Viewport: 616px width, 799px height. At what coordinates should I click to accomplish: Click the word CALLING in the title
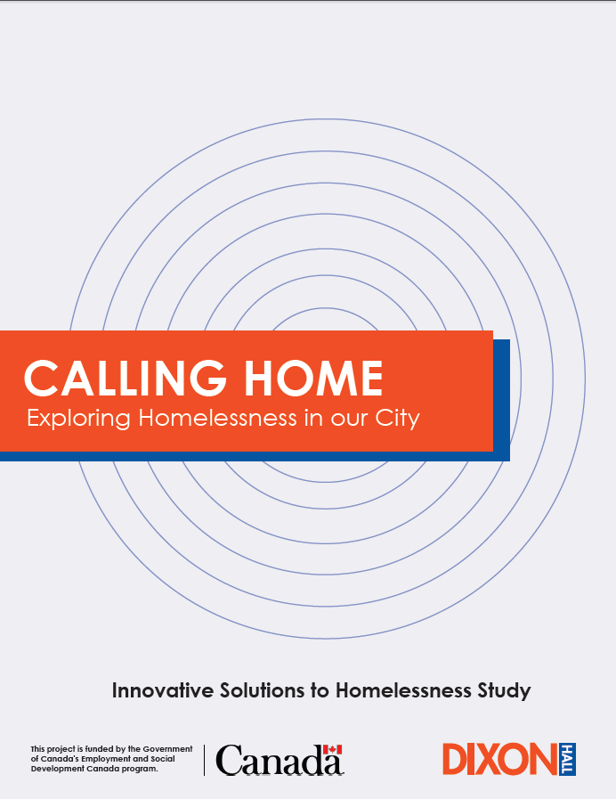tap(126, 378)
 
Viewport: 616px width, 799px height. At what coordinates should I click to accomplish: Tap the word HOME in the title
tap(313, 378)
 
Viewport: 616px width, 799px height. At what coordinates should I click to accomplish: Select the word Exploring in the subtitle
tap(78, 419)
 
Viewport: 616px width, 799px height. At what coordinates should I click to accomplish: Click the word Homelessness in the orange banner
tap(217, 418)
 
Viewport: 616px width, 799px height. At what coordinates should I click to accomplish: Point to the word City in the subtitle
tap(398, 419)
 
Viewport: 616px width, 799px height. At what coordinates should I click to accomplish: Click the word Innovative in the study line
tap(163, 690)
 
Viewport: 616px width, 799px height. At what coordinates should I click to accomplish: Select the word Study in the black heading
tap(504, 691)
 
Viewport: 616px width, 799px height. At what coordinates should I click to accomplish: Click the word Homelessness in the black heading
tap(403, 690)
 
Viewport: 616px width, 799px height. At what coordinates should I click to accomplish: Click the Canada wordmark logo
tap(280, 760)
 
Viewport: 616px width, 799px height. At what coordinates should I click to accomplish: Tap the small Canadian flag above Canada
tap(332, 750)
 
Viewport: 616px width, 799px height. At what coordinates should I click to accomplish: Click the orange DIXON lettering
tap(500, 759)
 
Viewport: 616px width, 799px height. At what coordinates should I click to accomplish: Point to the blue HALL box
tap(567, 759)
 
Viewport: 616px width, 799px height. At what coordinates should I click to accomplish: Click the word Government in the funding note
tap(167, 749)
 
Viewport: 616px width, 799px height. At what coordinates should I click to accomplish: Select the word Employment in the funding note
tap(105, 759)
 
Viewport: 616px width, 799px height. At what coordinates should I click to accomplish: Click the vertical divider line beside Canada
tap(205, 760)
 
